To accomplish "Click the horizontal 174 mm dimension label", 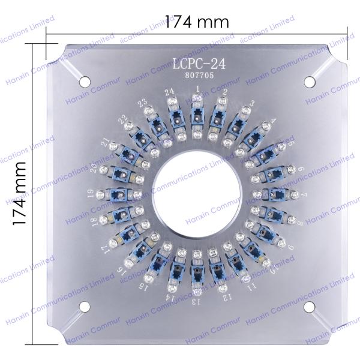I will point(197,22).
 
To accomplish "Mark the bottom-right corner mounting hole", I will point(310,307).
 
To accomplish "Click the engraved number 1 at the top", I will point(197,89).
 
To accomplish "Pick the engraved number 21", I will point(106,143).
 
